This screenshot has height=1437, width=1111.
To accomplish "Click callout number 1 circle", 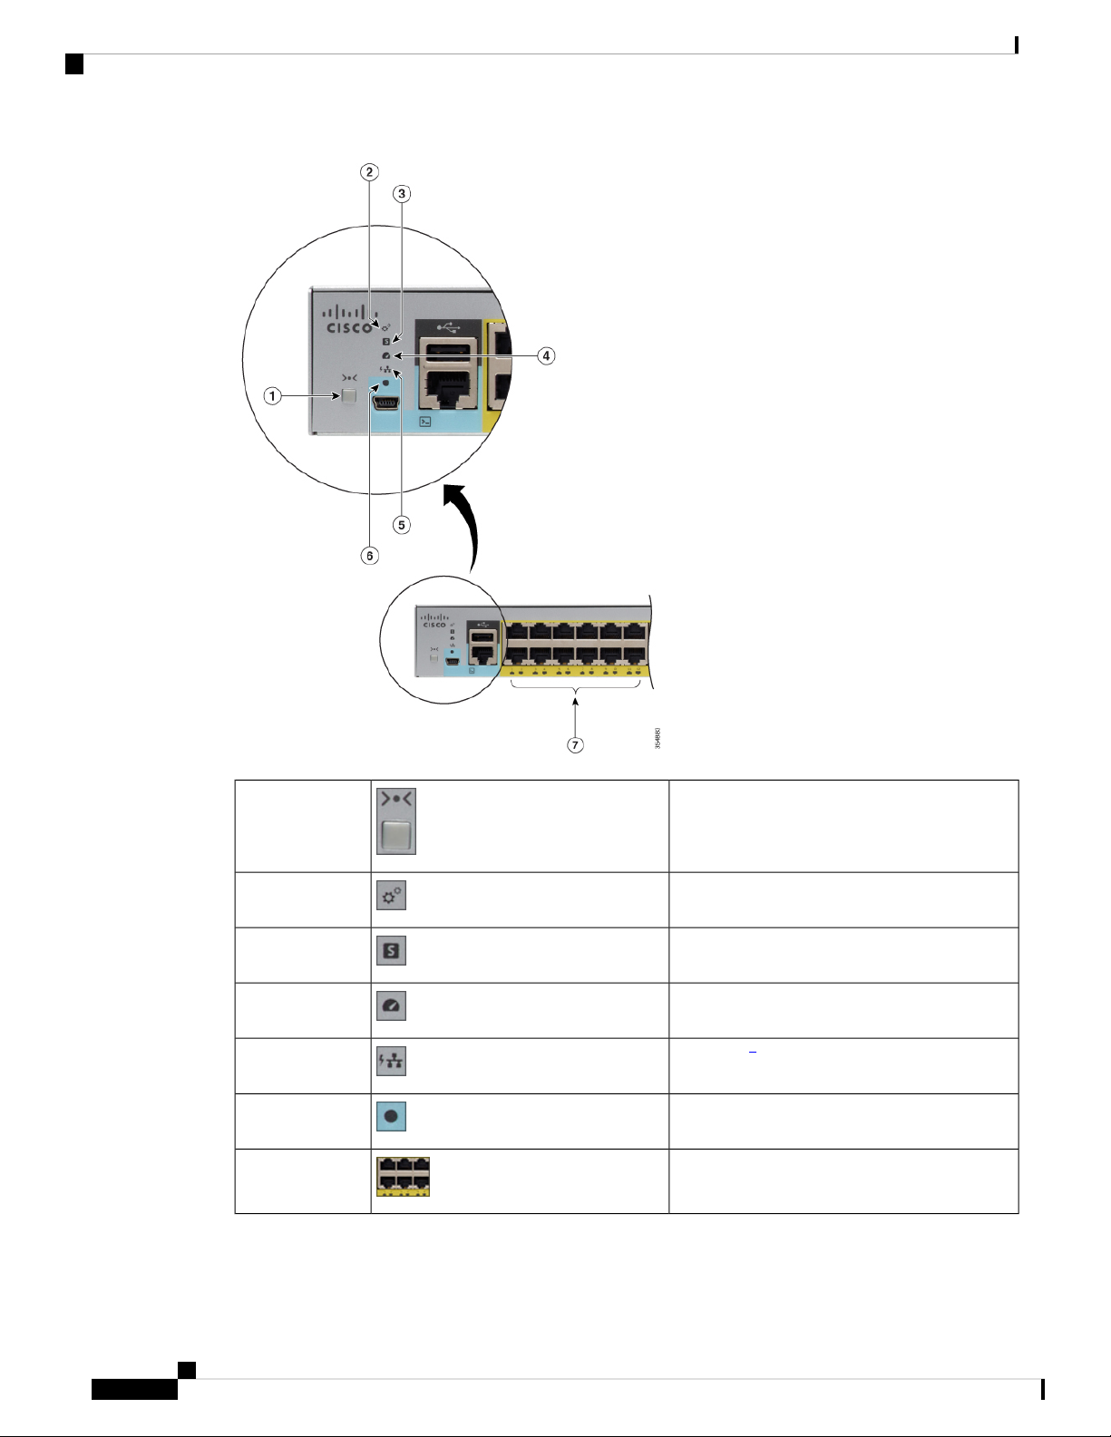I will click(x=272, y=395).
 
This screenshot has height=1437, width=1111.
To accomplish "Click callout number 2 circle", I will click(x=368, y=171).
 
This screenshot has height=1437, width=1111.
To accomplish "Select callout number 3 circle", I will click(x=401, y=193).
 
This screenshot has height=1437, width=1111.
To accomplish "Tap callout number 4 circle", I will click(x=546, y=355).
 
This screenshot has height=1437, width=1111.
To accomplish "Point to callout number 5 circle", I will click(x=401, y=525).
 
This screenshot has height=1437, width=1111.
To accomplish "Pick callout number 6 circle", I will click(x=369, y=555).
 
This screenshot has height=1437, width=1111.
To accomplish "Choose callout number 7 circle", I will click(x=575, y=744).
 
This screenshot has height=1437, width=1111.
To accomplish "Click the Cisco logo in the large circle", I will click(x=350, y=320).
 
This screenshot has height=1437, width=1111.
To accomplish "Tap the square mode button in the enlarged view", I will click(x=349, y=396).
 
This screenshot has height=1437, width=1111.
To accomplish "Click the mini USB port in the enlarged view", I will click(x=389, y=404).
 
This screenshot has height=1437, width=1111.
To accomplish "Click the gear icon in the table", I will click(x=392, y=896).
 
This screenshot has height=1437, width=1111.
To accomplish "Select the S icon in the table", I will click(x=392, y=951).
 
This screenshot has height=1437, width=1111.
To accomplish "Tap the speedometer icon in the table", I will click(x=392, y=1006).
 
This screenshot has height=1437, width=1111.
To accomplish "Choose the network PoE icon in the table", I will click(x=392, y=1062).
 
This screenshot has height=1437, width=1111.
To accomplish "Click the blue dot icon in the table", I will click(x=392, y=1117).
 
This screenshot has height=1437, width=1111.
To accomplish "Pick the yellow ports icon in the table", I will click(x=404, y=1176).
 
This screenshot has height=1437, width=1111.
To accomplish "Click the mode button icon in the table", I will click(x=396, y=822).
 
